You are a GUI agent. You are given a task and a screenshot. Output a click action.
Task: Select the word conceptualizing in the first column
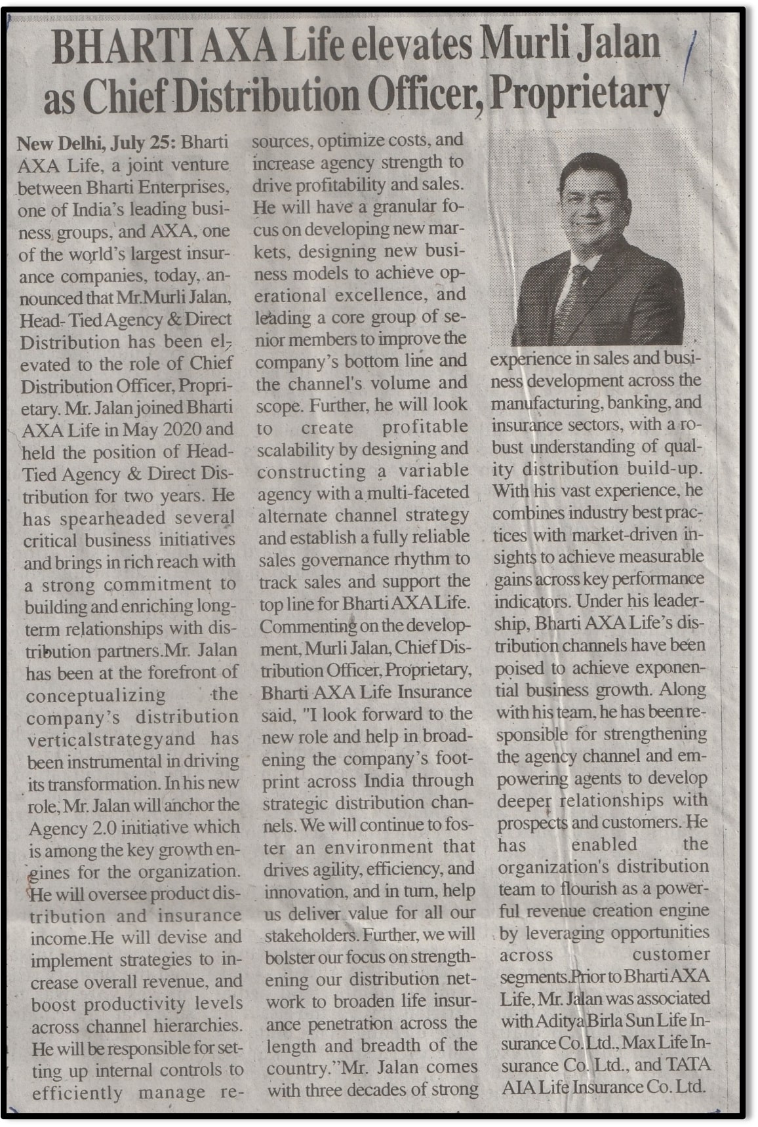pos(96,695)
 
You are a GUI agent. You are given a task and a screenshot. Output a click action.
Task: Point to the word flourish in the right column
pos(595,888)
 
